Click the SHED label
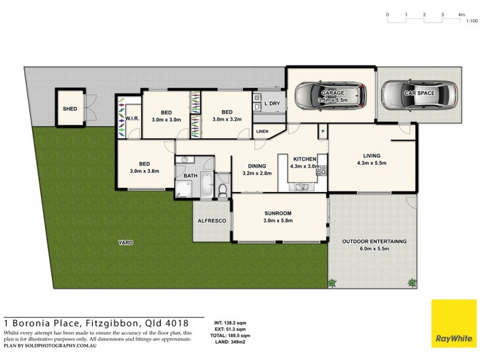(69, 109)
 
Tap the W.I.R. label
(132, 119)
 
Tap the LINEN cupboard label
(262, 131)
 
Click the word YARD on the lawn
(125, 243)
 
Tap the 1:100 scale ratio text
(472, 21)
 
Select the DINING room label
(257, 166)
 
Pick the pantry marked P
(322, 131)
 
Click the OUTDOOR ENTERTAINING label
(374, 241)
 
